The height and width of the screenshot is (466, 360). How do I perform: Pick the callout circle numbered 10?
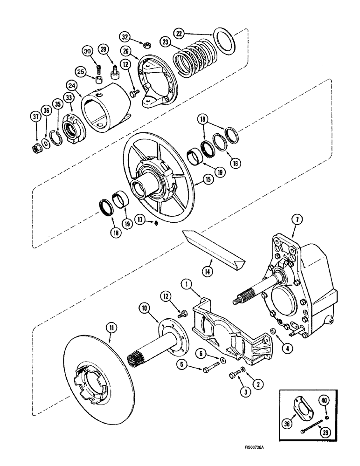(145, 308)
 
